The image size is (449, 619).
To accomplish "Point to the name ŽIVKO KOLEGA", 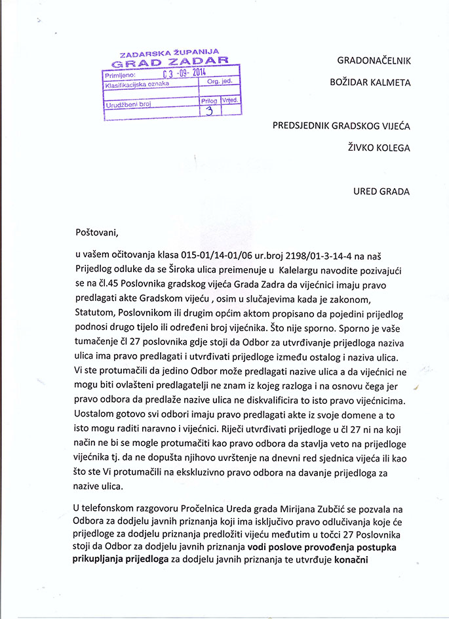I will point(379,148).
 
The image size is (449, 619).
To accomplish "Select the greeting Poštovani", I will point(99,231).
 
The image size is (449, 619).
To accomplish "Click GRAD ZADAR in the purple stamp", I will point(170,63).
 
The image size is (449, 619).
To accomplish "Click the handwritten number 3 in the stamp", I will point(209,110).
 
